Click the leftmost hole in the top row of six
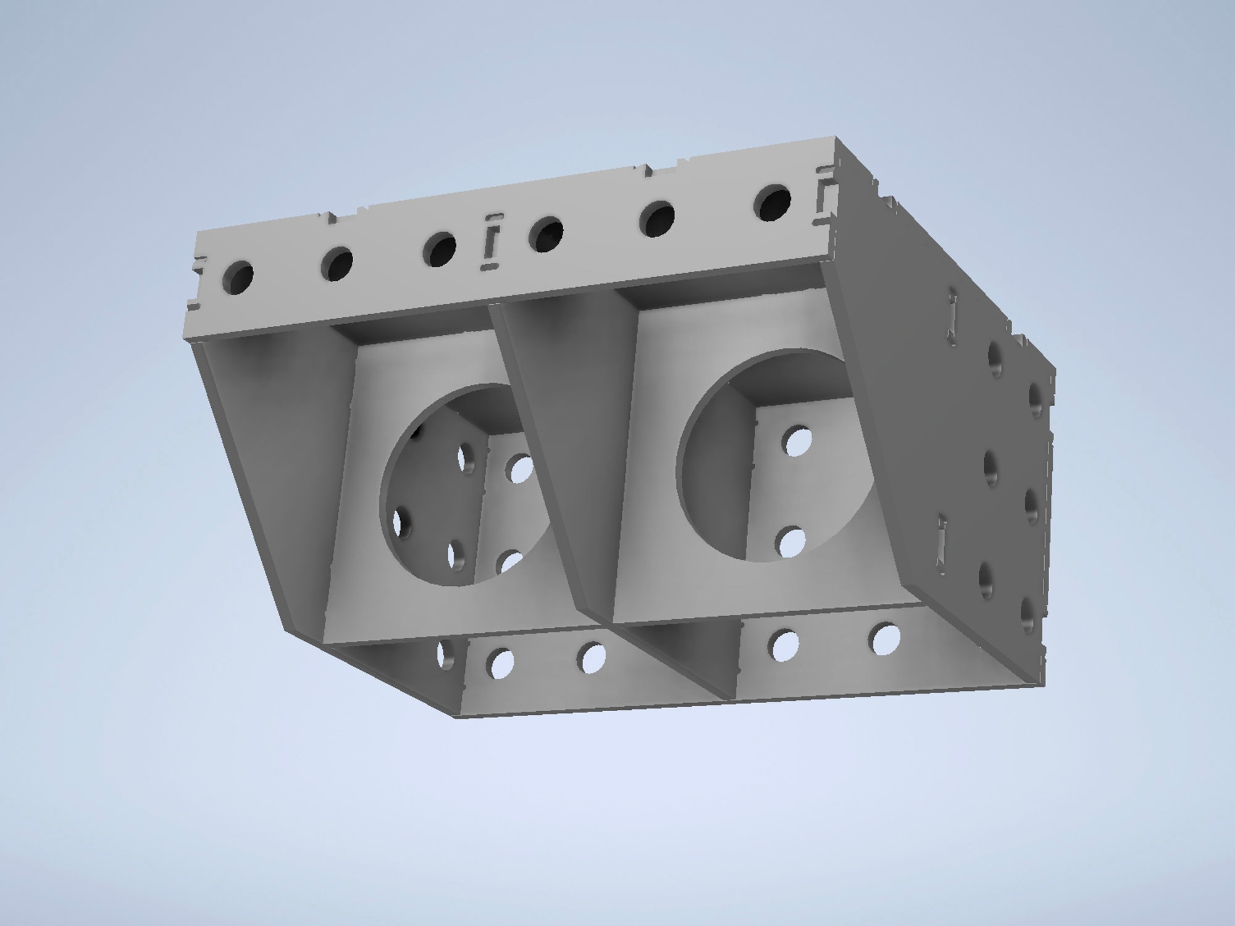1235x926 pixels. [238, 277]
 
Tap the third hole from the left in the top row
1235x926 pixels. [439, 249]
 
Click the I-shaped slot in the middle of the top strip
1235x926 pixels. [492, 242]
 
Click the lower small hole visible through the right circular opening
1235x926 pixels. [792, 541]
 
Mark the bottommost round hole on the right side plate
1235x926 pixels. [1028, 614]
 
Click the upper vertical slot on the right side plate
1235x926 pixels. [953, 314]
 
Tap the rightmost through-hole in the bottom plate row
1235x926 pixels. [886, 640]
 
